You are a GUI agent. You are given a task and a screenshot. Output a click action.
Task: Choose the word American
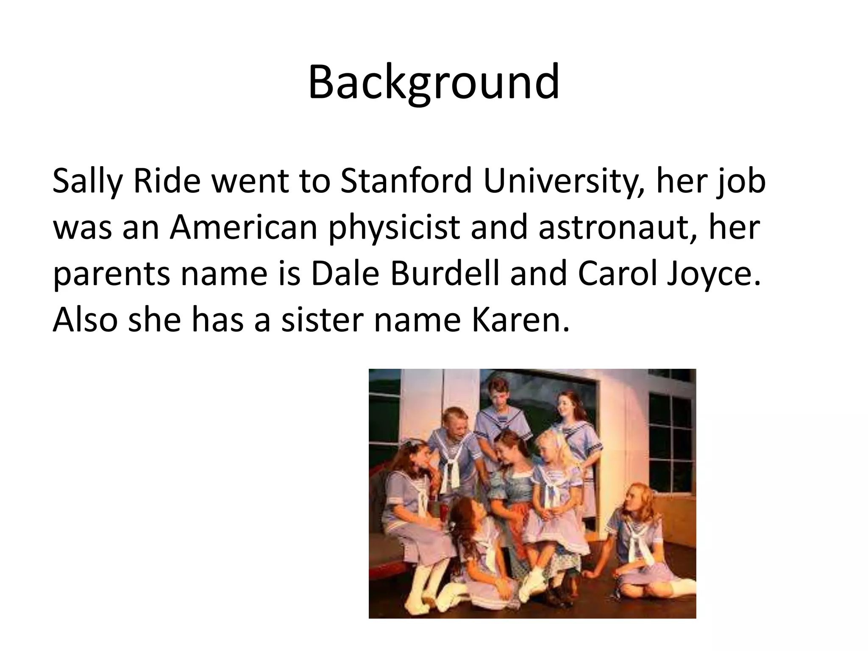(244, 228)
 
